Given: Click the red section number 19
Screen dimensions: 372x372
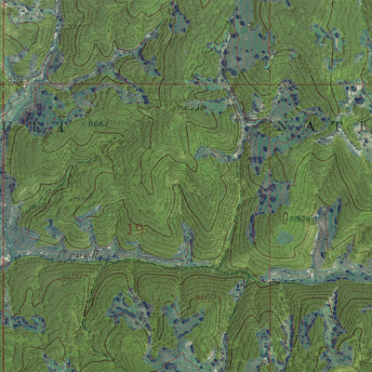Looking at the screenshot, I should pos(136,228).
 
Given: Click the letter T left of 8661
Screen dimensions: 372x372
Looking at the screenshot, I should pos(62,127).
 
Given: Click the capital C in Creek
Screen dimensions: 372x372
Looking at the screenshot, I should pos(62,254).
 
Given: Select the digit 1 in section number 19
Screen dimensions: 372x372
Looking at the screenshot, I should pos(131,228).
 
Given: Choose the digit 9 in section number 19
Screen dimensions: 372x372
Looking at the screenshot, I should pos(140,228).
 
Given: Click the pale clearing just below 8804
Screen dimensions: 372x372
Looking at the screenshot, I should pos(285,237).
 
